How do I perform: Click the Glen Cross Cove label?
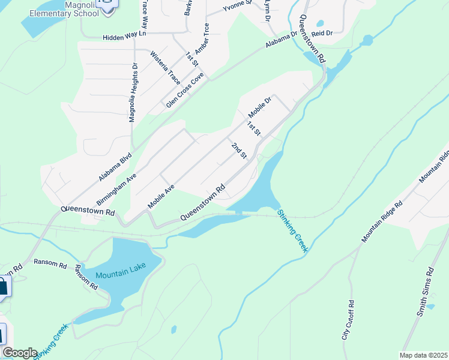(x=185, y=91)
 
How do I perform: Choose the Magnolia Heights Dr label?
(x=134, y=93)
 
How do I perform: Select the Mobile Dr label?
(x=261, y=106)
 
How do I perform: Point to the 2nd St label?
(x=240, y=151)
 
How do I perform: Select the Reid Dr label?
(x=322, y=34)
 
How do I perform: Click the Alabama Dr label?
(x=283, y=42)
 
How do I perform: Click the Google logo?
(x=19, y=353)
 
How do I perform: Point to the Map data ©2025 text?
(x=423, y=355)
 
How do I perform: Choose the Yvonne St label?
(x=236, y=8)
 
